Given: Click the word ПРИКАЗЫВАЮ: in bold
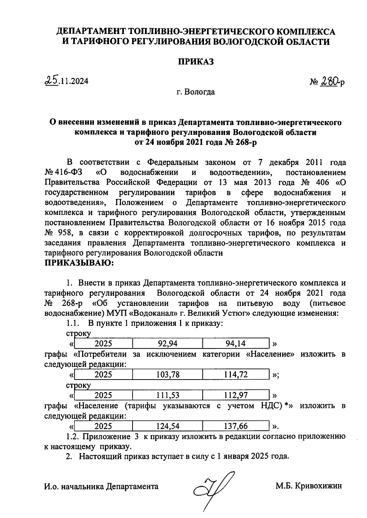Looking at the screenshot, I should coord(79,263).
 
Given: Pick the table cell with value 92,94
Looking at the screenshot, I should coord(167,343).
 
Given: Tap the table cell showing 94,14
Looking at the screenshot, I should coord(235,343).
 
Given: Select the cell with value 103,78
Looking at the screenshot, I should coord(167,375).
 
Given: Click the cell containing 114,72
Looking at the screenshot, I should coord(235,375).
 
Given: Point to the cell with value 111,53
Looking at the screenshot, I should coord(167,395).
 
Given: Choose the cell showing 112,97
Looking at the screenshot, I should coord(235,395).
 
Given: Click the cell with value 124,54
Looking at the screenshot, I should coord(167,426).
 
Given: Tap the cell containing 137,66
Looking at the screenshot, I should coord(235,426).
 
